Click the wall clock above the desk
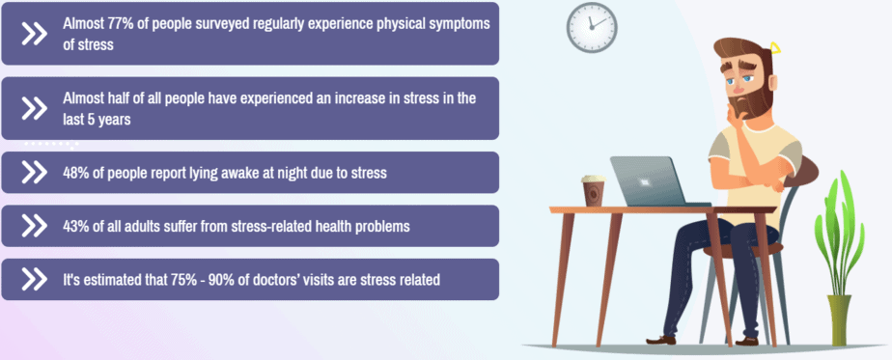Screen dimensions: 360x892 pos(592,26)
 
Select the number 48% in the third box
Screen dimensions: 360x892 pos(78,173)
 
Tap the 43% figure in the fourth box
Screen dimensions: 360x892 pos(78,227)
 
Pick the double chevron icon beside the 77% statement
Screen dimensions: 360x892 pos(34,33)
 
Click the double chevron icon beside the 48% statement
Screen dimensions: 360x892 pos(34,173)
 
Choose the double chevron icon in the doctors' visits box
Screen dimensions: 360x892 pos(34,280)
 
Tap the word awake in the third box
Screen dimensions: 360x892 pos(211,173)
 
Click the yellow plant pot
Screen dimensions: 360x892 pos(839,319)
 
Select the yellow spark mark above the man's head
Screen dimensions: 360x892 pos(775,49)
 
